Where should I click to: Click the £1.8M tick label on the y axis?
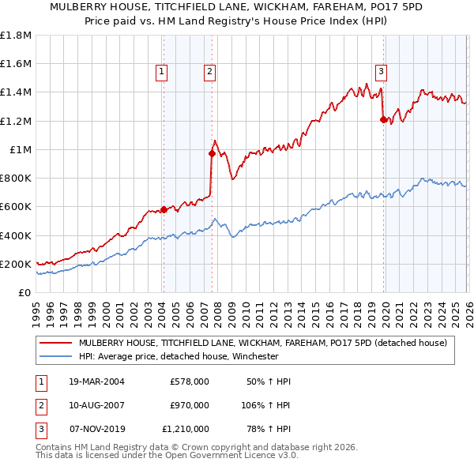pos(16,36)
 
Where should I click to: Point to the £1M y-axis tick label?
pos(20,150)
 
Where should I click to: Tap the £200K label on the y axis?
pos(16,265)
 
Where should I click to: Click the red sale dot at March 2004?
pos(164,209)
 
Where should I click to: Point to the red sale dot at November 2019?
pos(383,119)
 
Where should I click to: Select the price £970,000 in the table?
pos(189,405)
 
